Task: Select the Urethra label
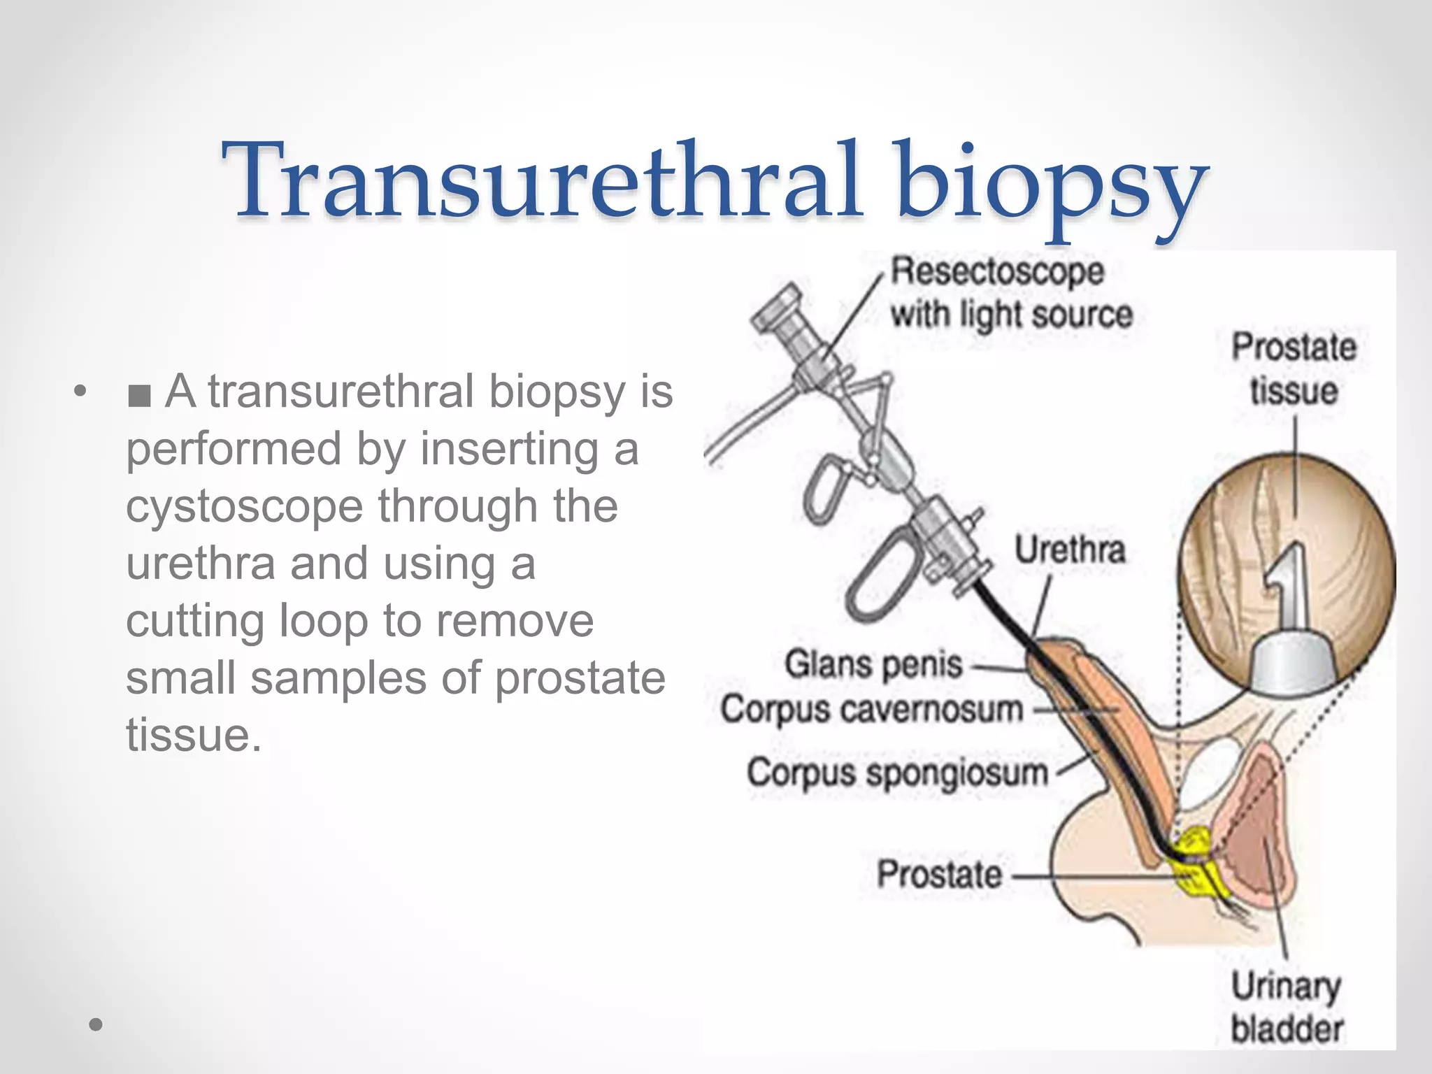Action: coord(1070,550)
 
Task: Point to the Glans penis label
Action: coord(873,664)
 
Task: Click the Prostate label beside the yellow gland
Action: coord(939,874)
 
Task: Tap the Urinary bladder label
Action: coord(1286,1007)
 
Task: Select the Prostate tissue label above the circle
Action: coord(1294,368)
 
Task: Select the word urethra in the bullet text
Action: coord(201,564)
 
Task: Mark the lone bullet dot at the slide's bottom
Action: coord(96,1025)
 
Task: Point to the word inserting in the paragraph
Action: coord(509,449)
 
